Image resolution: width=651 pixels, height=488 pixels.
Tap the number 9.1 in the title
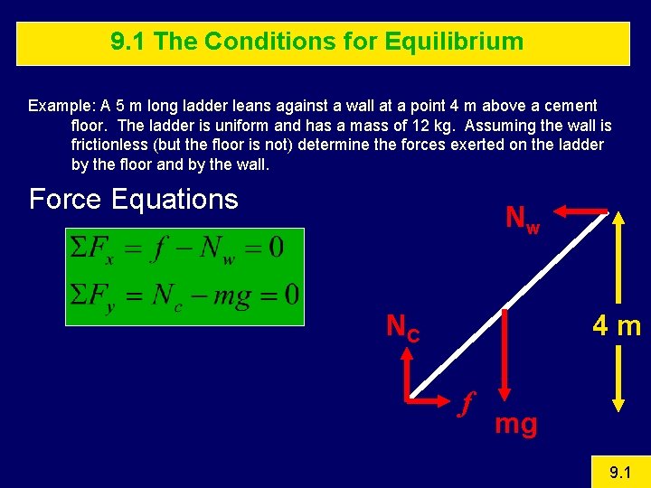click(129, 42)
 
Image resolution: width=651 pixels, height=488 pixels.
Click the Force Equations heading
click(133, 199)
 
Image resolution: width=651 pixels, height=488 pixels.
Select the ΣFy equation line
click(184, 296)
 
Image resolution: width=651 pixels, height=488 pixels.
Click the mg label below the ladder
click(515, 423)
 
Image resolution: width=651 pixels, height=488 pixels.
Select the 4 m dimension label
click(617, 325)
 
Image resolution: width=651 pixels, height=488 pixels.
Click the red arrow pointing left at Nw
click(579, 211)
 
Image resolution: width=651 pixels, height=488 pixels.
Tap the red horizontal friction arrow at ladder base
click(432, 397)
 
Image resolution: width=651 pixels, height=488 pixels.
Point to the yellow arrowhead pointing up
click(618, 220)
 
